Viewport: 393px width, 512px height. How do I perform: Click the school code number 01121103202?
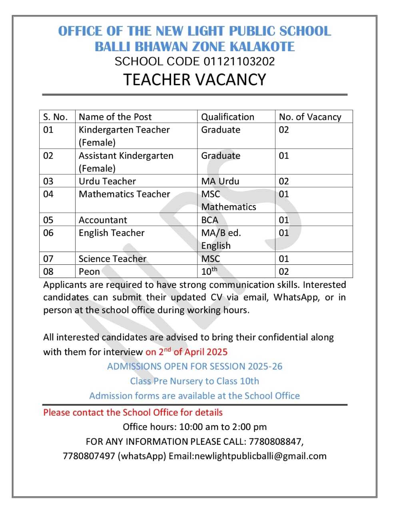point(239,62)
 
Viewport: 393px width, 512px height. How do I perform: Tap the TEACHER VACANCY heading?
point(194,80)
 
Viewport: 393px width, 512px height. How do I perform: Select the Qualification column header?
point(227,117)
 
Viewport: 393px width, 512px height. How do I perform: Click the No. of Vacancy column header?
point(310,117)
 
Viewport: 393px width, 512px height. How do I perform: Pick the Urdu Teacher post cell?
point(107,181)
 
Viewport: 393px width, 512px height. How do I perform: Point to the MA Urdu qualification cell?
point(220,181)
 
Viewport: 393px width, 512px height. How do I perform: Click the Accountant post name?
point(103,220)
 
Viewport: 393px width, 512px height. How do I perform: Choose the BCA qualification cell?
point(209,220)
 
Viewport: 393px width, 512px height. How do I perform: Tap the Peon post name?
point(89,272)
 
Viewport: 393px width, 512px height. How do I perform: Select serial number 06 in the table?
point(48,233)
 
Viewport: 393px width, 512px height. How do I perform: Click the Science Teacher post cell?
point(112,259)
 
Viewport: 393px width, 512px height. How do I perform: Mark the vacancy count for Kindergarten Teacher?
point(284,130)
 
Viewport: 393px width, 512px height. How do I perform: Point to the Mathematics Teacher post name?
point(124,194)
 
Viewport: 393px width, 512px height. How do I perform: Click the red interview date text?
point(186,352)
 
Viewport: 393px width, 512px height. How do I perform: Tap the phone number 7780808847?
point(275,442)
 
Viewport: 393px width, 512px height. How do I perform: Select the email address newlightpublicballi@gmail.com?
point(260,456)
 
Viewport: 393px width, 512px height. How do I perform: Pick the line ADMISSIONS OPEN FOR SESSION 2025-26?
point(195,366)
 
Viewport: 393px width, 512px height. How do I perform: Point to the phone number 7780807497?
point(89,456)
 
